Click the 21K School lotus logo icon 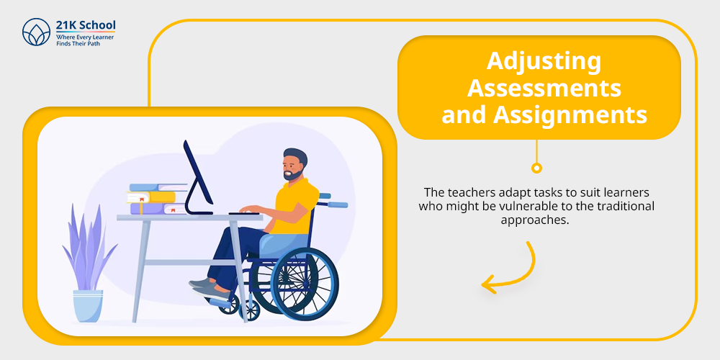(x=36, y=32)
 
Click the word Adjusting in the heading (x=544, y=61)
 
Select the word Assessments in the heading (x=544, y=88)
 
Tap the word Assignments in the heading (x=570, y=115)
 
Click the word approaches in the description (x=534, y=220)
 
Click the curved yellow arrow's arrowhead (x=490, y=284)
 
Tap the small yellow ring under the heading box (x=536, y=168)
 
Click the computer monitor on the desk (x=198, y=178)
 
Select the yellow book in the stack (x=151, y=197)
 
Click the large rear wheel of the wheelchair (x=305, y=284)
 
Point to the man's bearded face (x=292, y=167)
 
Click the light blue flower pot (x=88, y=305)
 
